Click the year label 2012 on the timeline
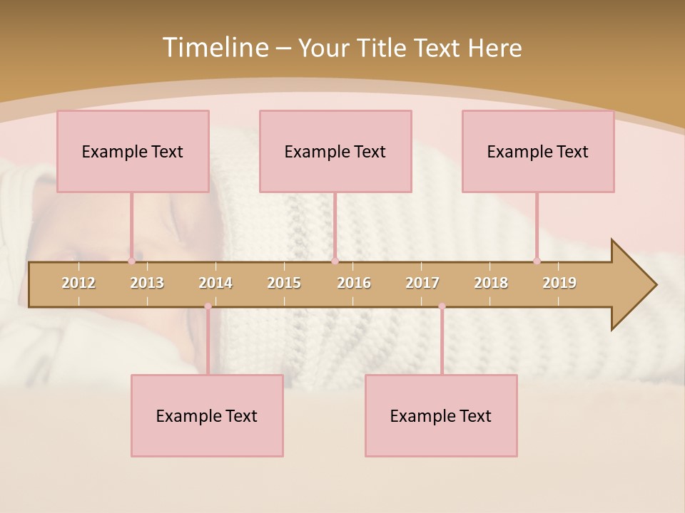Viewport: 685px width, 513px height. click(78, 283)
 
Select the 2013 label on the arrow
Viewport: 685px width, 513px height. click(147, 283)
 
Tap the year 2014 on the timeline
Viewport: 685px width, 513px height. click(215, 283)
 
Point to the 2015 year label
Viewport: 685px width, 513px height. click(284, 283)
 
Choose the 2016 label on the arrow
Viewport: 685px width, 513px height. click(354, 283)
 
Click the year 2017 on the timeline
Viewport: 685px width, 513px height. click(422, 283)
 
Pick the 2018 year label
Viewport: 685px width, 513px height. click(491, 283)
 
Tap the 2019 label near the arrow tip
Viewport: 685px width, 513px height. click(559, 283)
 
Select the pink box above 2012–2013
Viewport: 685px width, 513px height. click(133, 151)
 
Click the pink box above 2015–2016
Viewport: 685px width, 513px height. click(335, 151)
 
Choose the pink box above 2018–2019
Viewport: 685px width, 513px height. click(538, 151)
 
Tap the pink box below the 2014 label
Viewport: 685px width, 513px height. click(207, 415)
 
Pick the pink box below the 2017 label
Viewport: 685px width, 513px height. click(441, 415)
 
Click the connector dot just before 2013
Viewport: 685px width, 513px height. click(131, 261)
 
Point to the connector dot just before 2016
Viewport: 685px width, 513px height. click(335, 261)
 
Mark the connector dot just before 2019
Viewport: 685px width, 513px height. click(537, 261)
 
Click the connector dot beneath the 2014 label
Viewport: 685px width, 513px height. click(208, 306)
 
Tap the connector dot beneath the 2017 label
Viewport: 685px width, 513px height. click(442, 306)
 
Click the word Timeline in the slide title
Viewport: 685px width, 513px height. click(214, 48)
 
